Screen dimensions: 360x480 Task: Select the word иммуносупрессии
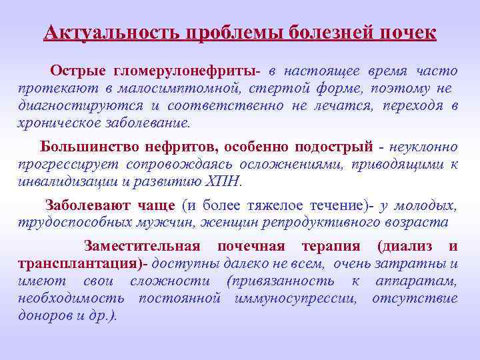tap(295, 298)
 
